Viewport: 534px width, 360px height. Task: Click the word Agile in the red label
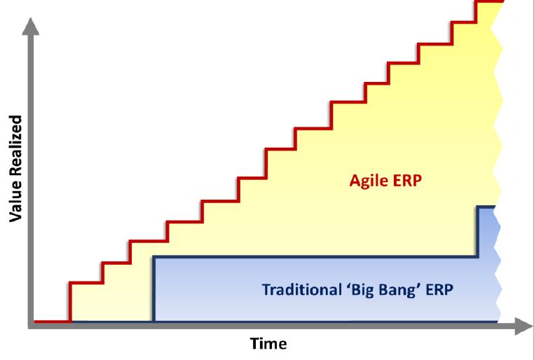369,181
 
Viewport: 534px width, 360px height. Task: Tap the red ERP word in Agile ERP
407,180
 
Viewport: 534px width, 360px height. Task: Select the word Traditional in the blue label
302,290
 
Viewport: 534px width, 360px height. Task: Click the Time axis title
268,343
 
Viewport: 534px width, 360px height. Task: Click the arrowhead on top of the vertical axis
31,27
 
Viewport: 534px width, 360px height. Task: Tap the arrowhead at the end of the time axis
523,326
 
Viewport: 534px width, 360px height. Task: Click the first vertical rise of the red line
70,301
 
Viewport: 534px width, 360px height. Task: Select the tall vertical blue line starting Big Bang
154,289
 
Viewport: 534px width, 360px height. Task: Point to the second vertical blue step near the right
478,232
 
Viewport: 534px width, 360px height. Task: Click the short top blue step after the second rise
486,207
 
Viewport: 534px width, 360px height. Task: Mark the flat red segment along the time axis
52,321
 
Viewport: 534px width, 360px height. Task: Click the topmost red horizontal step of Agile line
490,1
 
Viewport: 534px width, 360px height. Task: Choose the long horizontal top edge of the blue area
315,257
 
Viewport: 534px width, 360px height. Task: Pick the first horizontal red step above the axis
86,282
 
